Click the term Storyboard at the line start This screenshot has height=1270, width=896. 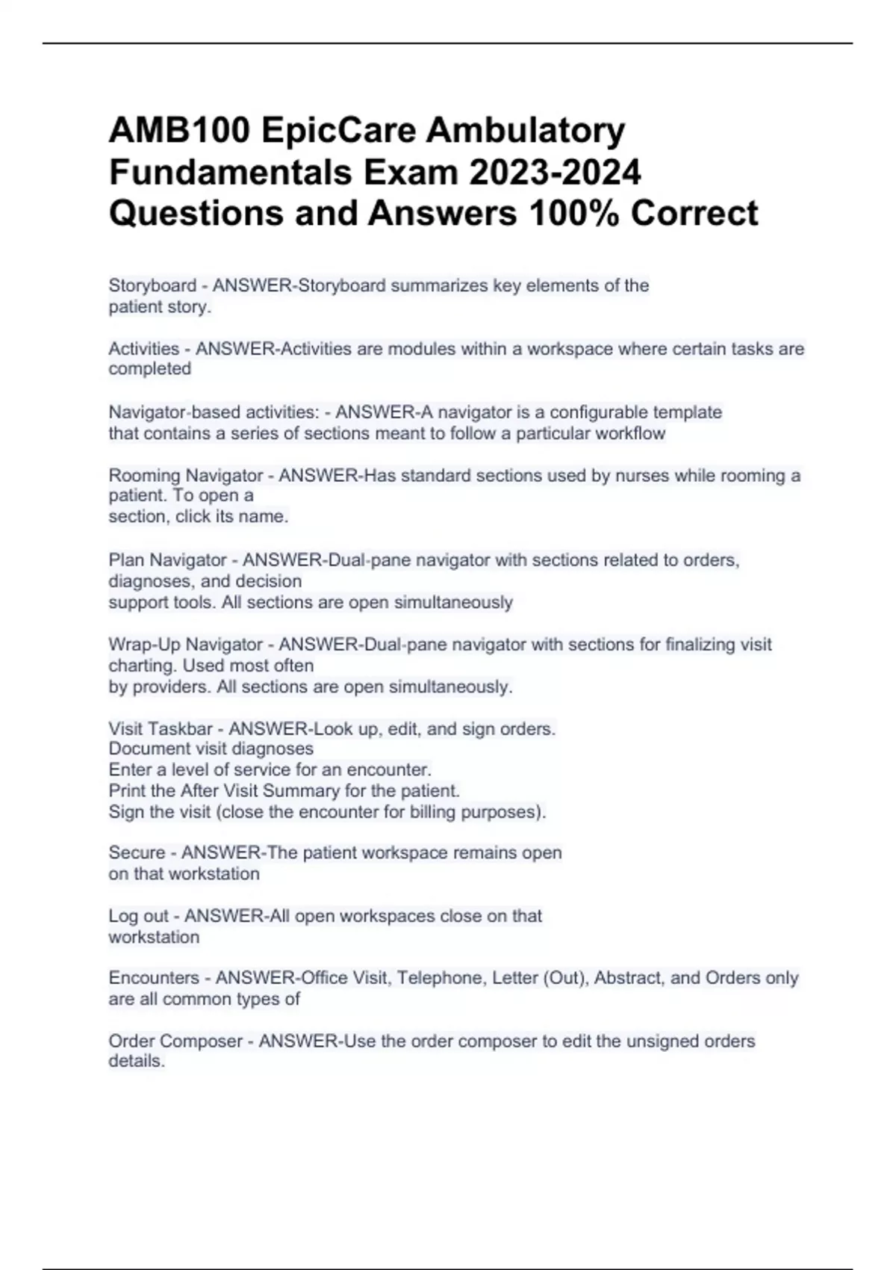(x=152, y=285)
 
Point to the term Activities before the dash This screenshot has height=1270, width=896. (x=144, y=349)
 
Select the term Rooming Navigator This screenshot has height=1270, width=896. (x=186, y=475)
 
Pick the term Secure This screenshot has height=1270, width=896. (x=137, y=852)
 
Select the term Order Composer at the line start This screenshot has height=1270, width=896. (x=175, y=1041)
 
